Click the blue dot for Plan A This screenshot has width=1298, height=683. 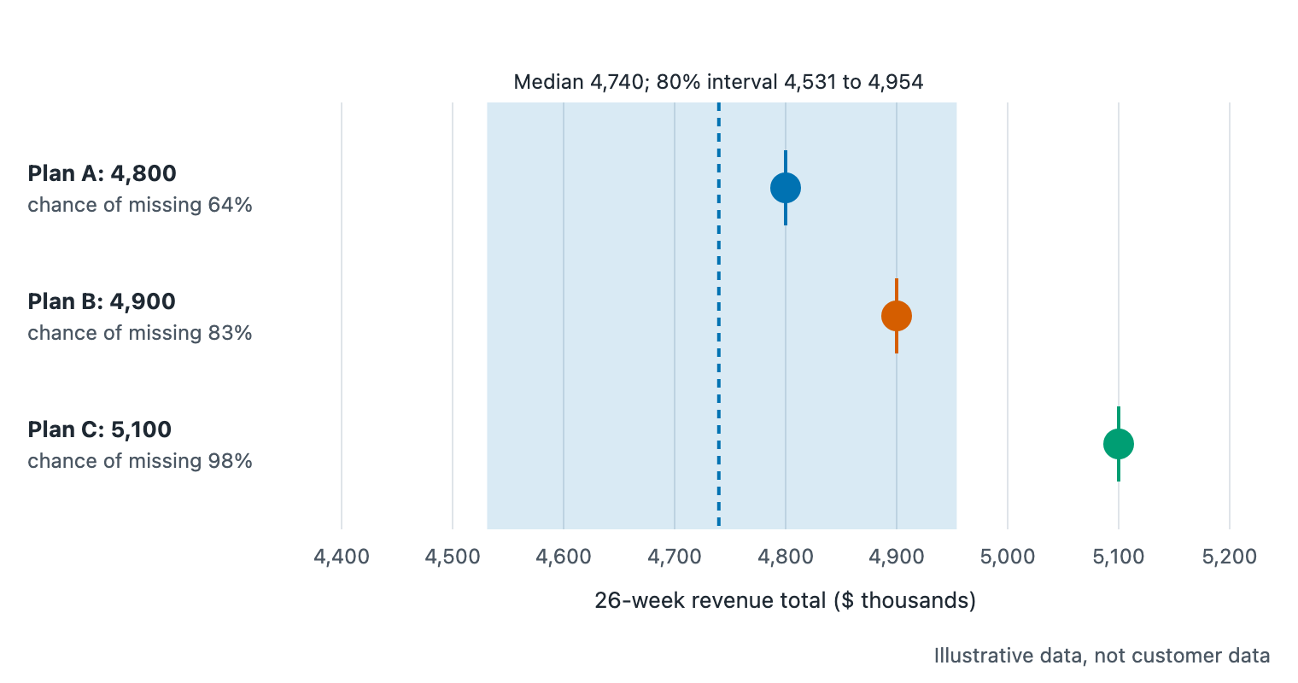click(785, 188)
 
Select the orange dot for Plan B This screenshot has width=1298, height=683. click(897, 316)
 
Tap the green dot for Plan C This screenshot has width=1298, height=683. click(1119, 444)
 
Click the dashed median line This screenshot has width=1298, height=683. click(718, 315)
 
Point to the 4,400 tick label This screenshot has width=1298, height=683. click(342, 557)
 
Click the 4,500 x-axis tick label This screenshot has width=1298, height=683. click(453, 557)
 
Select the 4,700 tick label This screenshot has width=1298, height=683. click(675, 557)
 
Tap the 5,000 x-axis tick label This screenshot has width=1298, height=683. click(1007, 557)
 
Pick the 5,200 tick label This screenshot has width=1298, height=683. click(1229, 557)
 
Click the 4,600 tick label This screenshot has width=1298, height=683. click(564, 557)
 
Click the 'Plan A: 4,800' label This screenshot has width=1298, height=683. click(102, 173)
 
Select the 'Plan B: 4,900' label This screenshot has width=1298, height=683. click(102, 301)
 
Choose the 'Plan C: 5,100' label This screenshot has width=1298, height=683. click(100, 429)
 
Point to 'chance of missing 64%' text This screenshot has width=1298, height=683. click(140, 205)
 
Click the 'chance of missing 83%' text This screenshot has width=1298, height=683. click(140, 333)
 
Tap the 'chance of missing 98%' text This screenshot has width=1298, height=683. click(140, 461)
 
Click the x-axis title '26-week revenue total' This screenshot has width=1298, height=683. click(710, 600)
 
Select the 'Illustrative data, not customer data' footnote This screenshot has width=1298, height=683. click(1102, 656)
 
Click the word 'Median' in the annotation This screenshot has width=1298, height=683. click(548, 82)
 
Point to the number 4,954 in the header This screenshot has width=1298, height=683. click(895, 82)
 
